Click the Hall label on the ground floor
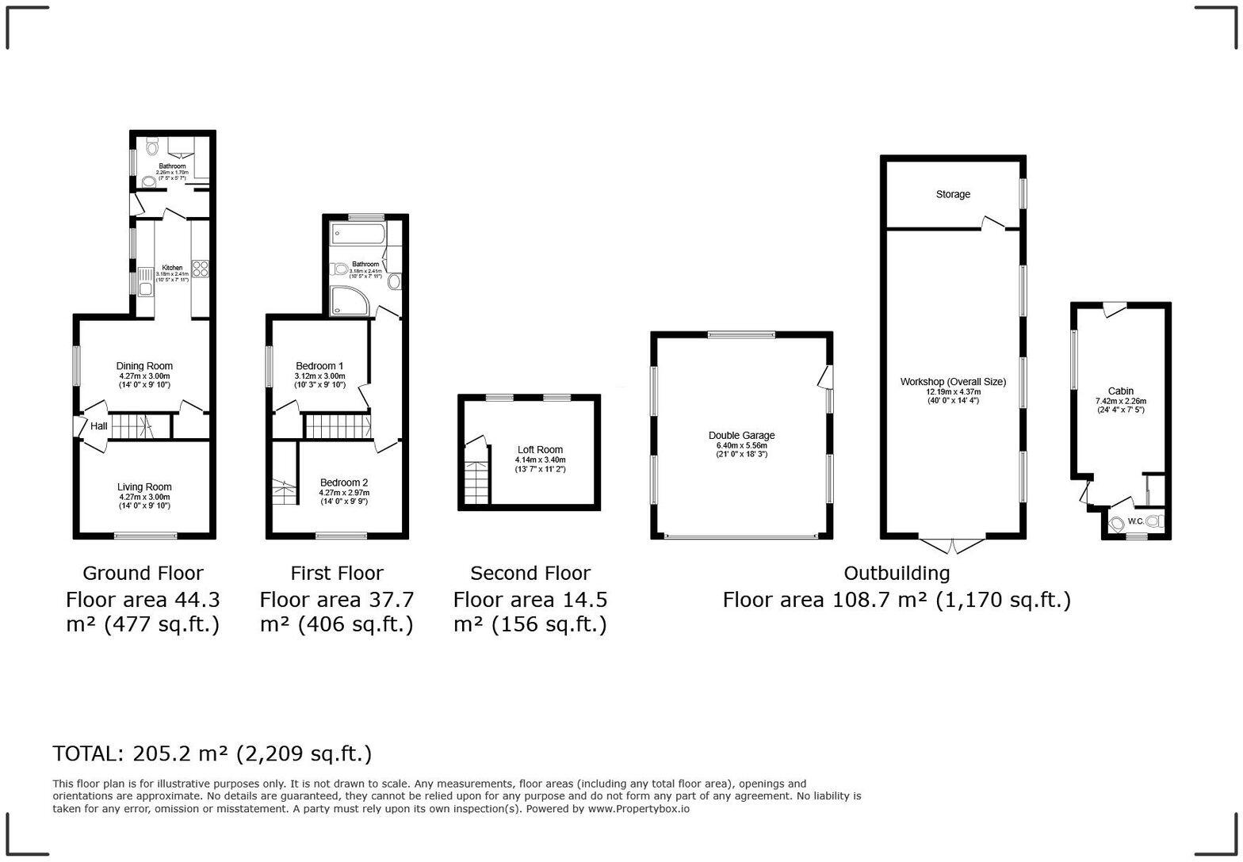pyautogui.click(x=98, y=426)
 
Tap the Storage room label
pyautogui.click(x=953, y=194)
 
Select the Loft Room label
pyautogui.click(x=540, y=450)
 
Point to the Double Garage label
pyautogui.click(x=741, y=436)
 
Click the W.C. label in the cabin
pyautogui.click(x=1135, y=521)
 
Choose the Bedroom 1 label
pyautogui.click(x=319, y=366)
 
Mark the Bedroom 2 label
pyautogui.click(x=344, y=482)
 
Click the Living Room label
pyautogui.click(x=144, y=487)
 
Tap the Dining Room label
pyautogui.click(x=144, y=366)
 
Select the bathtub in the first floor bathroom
pyautogui.click(x=358, y=233)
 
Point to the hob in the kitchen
pyautogui.click(x=199, y=269)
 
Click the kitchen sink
pyautogui.click(x=146, y=281)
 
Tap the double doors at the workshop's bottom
pyautogui.click(x=953, y=546)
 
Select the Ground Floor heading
pyautogui.click(x=143, y=573)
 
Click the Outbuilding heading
pyautogui.click(x=896, y=573)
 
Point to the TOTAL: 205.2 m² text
pyautogui.click(x=212, y=753)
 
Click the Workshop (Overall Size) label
pyautogui.click(x=953, y=382)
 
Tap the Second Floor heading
pyautogui.click(x=530, y=573)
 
